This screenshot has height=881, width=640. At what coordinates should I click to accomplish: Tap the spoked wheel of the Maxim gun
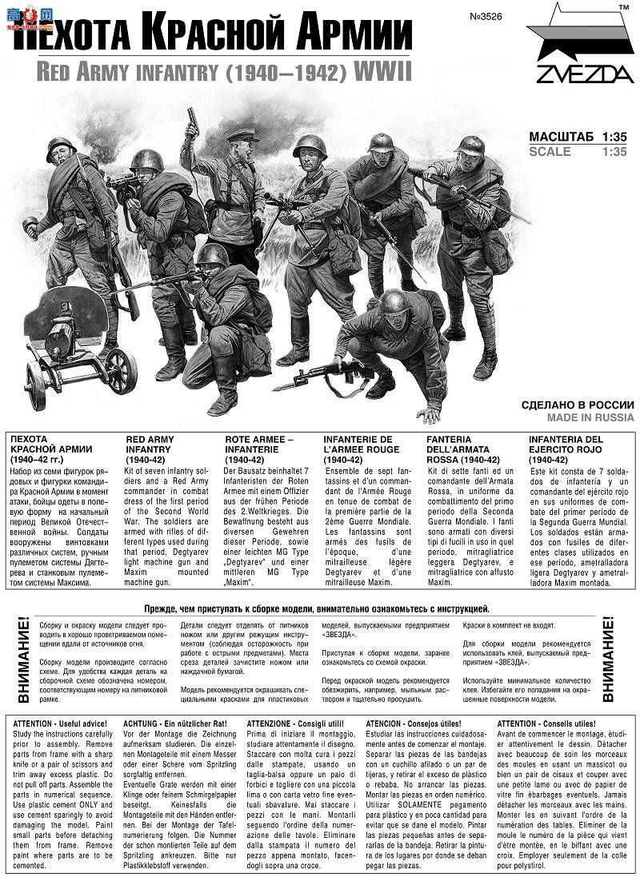(121, 369)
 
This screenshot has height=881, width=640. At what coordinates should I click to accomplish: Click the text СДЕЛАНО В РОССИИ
(578, 405)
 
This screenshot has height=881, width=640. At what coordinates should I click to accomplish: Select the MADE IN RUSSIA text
(590, 417)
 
